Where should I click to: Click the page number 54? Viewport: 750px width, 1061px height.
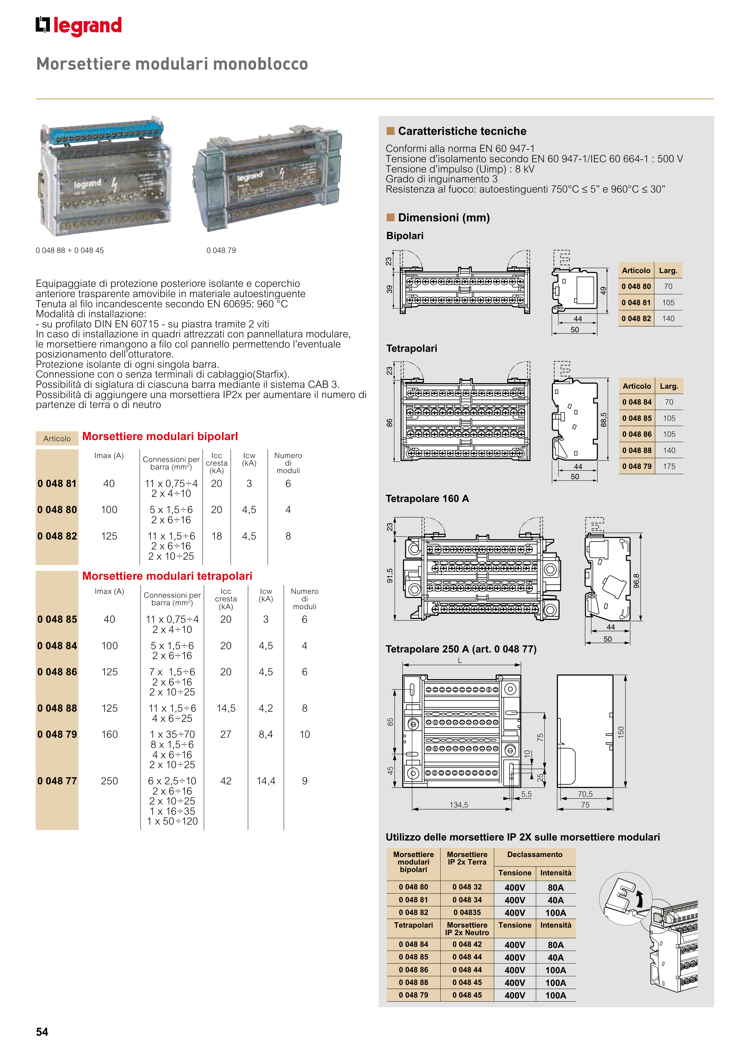click(42, 1032)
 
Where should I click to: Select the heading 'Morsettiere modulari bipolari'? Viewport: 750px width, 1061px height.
click(160, 436)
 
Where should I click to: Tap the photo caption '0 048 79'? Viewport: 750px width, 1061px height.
click(221, 251)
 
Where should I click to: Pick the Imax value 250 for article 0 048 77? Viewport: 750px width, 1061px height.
click(110, 781)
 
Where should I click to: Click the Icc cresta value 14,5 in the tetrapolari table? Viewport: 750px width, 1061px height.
click(226, 708)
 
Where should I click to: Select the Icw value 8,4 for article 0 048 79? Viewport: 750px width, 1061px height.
click(266, 734)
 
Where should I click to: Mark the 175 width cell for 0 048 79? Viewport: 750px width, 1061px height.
click(669, 466)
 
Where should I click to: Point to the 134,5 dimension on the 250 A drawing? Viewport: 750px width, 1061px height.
click(459, 804)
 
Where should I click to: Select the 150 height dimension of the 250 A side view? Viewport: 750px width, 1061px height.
click(621, 731)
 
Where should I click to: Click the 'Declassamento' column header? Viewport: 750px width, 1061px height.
click(535, 854)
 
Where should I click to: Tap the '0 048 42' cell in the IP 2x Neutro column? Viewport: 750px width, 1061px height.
click(467, 944)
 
